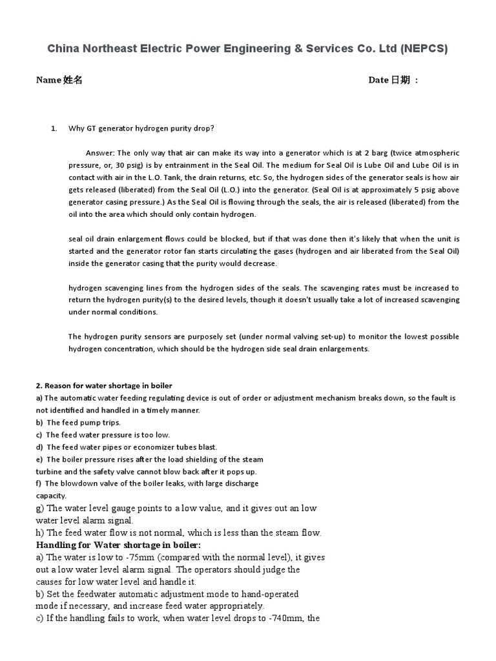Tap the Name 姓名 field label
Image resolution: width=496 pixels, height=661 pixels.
pyautogui.click(x=59, y=80)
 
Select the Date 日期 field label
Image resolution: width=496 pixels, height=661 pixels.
pyautogui.click(x=393, y=80)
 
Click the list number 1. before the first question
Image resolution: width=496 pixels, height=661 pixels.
pyautogui.click(x=54, y=128)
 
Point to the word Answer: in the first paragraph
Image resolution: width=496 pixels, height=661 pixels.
pyautogui.click(x=99, y=153)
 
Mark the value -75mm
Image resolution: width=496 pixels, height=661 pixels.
pyautogui.click(x=139, y=558)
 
